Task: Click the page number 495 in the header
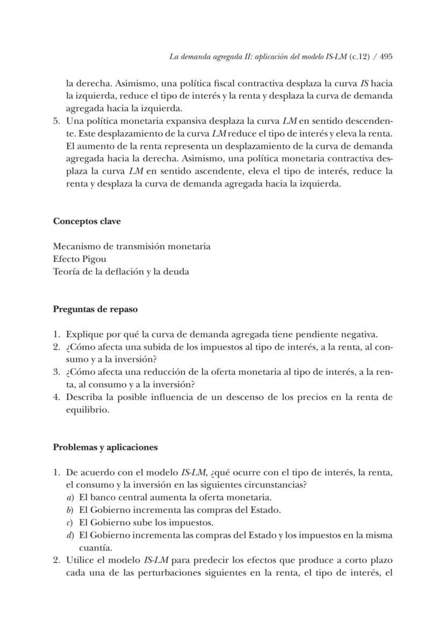[x=386, y=56]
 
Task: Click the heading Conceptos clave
[x=87, y=221]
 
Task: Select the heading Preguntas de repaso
[x=95, y=309]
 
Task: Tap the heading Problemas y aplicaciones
[x=105, y=447]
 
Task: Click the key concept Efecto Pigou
[x=80, y=259]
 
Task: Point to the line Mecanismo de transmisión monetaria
[x=132, y=246]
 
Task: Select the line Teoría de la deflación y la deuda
[x=121, y=272]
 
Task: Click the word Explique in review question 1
[x=84, y=334]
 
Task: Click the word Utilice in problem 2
[x=81, y=560]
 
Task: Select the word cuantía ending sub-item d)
[x=96, y=548]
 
